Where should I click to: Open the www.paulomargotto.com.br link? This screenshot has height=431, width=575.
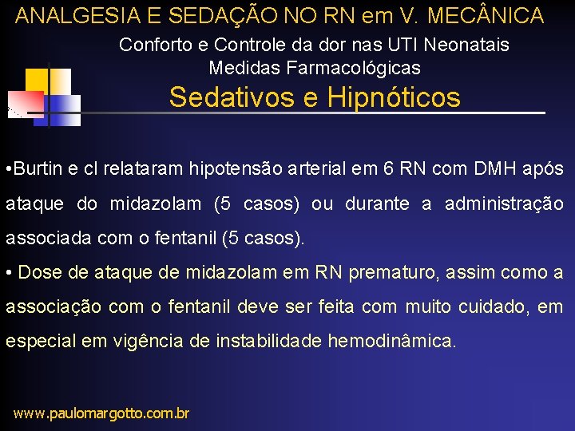click(101, 413)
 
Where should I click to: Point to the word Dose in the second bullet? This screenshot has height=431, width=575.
click(37, 272)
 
